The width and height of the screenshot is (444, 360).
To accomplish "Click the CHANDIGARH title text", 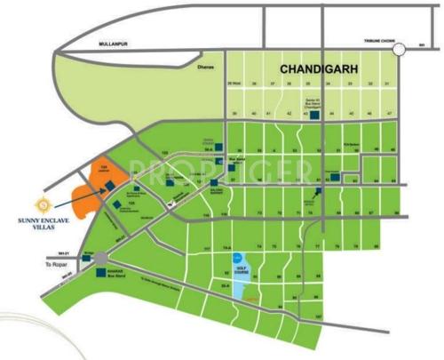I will [319, 68].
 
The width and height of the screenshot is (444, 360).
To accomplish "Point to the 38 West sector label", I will [234, 83].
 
